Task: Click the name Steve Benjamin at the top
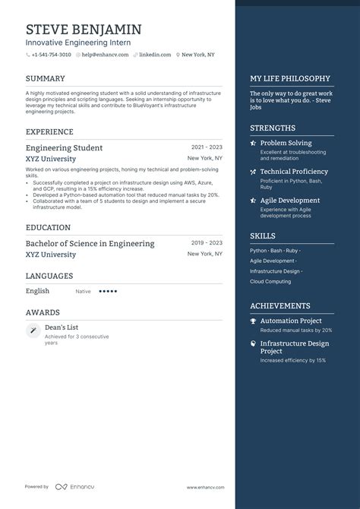tap(84, 29)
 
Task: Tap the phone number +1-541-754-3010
tap(51, 55)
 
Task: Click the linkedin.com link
tap(154, 55)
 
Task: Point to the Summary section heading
tap(45, 78)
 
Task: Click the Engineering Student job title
tap(64, 147)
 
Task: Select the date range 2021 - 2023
tap(207, 147)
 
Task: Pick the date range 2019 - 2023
tap(207, 242)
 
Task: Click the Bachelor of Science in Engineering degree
tap(90, 243)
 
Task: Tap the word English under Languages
tap(37, 291)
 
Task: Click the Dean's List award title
tap(62, 327)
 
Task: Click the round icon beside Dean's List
tap(33, 330)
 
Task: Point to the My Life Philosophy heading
tap(290, 78)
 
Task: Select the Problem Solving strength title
tap(286, 143)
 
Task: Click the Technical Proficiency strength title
tap(294, 172)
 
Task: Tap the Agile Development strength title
tap(289, 201)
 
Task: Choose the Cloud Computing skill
tap(270, 281)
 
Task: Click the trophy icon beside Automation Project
tap(253, 321)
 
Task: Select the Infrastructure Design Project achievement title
tap(294, 347)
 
